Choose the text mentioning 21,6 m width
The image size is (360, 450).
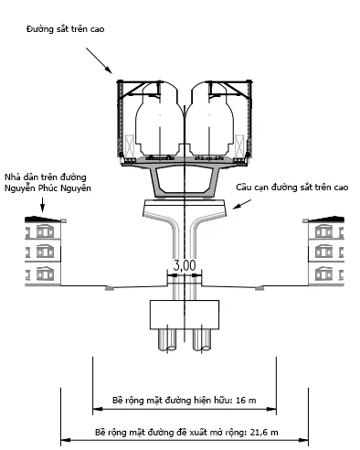coord(186,431)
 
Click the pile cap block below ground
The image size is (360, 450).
coord(185,315)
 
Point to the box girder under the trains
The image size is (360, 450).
coord(184,179)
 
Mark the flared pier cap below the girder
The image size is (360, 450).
coord(184,212)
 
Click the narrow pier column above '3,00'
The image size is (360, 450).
coord(185,242)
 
